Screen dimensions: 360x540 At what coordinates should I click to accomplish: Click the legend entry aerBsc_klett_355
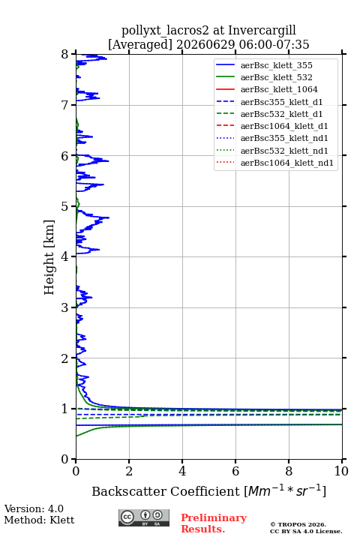(276, 65)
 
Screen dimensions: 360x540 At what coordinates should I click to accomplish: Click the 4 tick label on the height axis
(65, 256)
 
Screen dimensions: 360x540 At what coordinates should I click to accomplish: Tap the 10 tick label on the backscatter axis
(341, 471)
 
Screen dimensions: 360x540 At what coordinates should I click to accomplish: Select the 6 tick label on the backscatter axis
(235, 471)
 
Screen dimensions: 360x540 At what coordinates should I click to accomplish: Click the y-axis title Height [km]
(49, 257)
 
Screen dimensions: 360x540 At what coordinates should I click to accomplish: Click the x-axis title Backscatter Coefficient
(166, 491)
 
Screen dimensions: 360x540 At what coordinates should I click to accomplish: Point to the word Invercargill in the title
(262, 30)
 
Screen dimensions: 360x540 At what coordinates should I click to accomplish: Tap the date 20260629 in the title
(205, 44)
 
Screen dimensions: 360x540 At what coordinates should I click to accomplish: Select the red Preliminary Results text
(214, 523)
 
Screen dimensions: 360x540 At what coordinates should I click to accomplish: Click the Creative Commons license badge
(144, 517)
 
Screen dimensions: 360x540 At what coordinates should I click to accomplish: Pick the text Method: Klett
(39, 520)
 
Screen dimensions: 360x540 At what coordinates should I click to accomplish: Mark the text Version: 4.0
(34, 508)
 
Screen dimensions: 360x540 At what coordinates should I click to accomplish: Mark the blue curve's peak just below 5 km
(109, 217)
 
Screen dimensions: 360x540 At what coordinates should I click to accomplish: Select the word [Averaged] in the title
(140, 45)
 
